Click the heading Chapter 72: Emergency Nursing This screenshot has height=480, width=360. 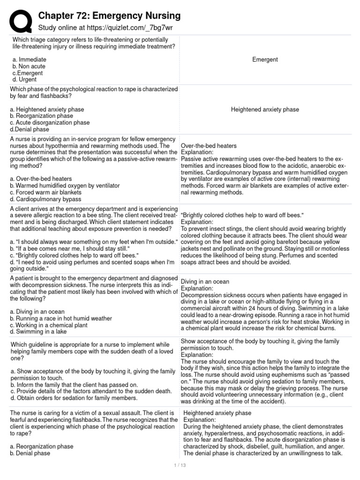tap(109, 15)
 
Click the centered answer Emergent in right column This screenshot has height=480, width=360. tap(265, 60)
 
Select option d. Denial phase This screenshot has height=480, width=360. tap(31, 129)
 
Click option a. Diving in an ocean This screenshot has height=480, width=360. tap(37, 312)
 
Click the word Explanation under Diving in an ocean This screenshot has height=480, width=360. tap(196, 289)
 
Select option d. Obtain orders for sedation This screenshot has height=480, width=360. tap(74, 398)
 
